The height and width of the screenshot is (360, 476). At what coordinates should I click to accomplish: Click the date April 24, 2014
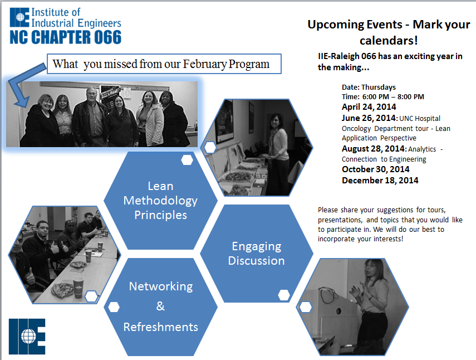[x=369, y=107]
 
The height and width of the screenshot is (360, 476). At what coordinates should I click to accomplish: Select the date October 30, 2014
[x=376, y=169]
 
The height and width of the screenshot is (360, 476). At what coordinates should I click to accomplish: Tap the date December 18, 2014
[x=380, y=181]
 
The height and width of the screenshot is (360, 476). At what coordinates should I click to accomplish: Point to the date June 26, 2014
[x=369, y=118]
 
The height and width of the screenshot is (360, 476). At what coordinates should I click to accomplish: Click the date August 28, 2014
[x=373, y=149]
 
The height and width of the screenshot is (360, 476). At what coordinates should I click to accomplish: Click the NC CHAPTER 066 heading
[x=66, y=37]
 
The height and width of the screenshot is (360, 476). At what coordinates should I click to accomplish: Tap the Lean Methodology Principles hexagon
[x=160, y=201]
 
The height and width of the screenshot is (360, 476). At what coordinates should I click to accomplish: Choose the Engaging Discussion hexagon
[x=257, y=254]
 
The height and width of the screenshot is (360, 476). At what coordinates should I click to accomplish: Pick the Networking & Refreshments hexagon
[x=160, y=307]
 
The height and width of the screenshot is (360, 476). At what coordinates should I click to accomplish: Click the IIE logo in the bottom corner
[x=27, y=336]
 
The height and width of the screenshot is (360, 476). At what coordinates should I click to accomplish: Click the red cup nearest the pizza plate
[x=78, y=287]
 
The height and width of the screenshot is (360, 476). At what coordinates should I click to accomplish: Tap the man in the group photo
[x=90, y=117]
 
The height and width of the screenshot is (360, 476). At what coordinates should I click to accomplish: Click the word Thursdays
[x=379, y=87]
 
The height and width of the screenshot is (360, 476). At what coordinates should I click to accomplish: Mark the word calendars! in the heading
[x=389, y=41]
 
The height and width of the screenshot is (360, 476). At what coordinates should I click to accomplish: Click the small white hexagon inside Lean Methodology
[x=187, y=160]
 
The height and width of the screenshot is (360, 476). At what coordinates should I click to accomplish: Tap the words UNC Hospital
[x=420, y=119]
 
